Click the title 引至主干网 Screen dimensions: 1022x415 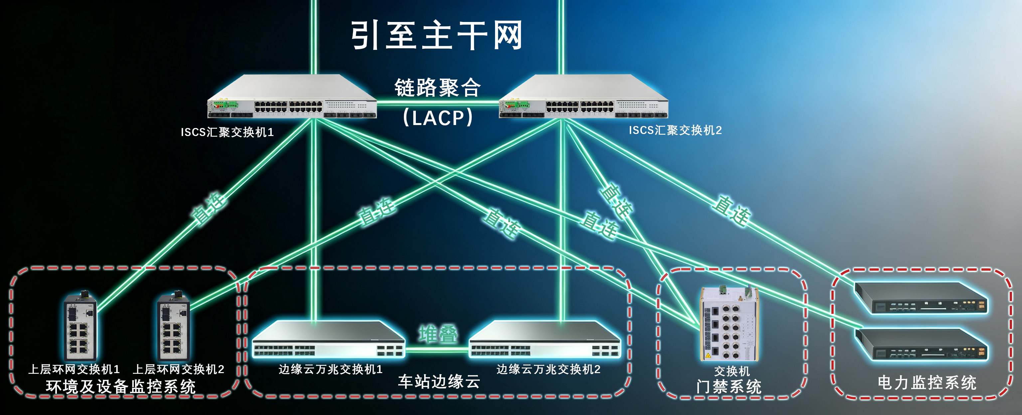tap(436, 36)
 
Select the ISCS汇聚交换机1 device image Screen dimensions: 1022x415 tap(292, 96)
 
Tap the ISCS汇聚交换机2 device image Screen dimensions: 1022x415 tap(583, 96)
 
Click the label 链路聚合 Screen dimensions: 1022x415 tap(437, 88)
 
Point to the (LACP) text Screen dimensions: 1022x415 tap(437, 117)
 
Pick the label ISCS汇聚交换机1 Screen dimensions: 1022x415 tap(227, 132)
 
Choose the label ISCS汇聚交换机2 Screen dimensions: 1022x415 tap(675, 130)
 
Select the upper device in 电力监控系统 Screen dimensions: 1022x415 tap(921, 298)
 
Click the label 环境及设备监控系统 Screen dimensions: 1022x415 tap(121, 387)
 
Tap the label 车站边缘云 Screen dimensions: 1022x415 tap(439, 382)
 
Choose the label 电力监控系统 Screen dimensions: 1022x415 tap(927, 383)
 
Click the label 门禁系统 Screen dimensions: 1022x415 tap(729, 387)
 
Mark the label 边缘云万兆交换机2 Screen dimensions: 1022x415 tap(548, 369)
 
